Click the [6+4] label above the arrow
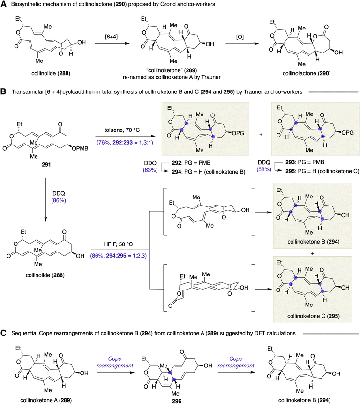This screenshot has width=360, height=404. tap(111, 37)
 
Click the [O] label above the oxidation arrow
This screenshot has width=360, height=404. tap(240, 37)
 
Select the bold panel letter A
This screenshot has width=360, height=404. tap(3, 4)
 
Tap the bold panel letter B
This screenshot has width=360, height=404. tap(3, 91)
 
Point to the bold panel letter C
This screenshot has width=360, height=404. tap(3, 333)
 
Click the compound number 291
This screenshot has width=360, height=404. tap(46, 164)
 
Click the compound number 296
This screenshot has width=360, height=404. tap(177, 401)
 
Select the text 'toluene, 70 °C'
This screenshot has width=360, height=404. tap(122, 130)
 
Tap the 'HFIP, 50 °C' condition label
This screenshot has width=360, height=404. tap(119, 244)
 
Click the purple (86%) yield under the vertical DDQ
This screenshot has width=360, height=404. tap(59, 200)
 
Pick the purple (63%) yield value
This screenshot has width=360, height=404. tap(150, 170)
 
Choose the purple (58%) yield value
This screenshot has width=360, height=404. tap(264, 169)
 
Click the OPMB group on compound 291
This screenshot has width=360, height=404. tap(80, 148)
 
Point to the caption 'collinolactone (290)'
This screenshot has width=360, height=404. tap(307, 73)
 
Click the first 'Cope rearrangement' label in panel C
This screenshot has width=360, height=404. tap(115, 362)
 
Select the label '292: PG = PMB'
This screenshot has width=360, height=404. tap(191, 163)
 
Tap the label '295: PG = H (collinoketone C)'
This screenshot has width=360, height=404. tap(322, 171)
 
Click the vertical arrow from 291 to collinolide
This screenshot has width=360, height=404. tap(45, 199)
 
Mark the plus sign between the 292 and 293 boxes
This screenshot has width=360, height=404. tap(261, 134)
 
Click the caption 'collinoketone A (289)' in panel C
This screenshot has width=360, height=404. tap(46, 400)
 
